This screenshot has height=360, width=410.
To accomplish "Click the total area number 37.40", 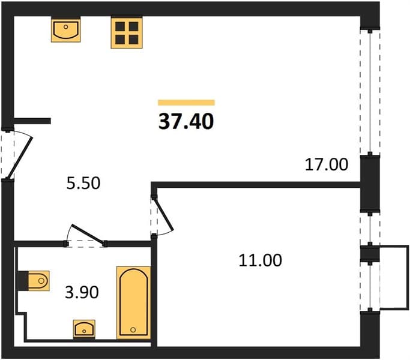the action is (186, 122).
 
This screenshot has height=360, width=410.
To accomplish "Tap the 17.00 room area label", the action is (327, 164).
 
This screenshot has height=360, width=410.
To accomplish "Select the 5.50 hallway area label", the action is (83, 183).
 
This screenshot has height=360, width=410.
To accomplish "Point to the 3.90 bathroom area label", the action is (82, 292).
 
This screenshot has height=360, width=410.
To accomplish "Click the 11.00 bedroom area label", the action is (261, 260).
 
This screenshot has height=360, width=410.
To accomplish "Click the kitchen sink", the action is (66, 31).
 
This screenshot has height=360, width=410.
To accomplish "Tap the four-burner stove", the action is (127, 33).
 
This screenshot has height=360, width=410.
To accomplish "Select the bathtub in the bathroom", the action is (134, 302).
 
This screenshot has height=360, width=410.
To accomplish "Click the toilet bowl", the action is (38, 281).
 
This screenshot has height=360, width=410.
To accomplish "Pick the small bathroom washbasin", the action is (84, 329).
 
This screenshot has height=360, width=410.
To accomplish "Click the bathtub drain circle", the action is (133, 329).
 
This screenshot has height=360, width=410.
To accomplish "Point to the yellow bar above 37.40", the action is (186, 103).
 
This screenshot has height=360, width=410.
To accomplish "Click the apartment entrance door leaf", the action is (19, 157).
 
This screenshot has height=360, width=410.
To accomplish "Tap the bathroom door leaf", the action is (87, 234).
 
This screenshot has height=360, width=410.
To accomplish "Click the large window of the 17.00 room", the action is (370, 92).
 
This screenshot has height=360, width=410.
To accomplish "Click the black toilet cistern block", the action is (23, 281).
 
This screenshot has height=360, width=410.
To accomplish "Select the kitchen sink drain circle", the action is (66, 26).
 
